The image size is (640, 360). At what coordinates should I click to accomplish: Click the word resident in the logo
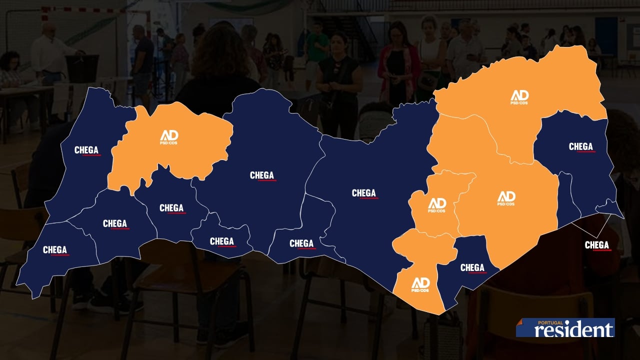click(574, 329)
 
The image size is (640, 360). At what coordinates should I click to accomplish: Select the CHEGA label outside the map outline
click(597, 245)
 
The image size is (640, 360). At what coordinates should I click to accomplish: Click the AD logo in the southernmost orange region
click(420, 284)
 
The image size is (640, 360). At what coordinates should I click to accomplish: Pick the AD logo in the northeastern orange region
click(519, 97)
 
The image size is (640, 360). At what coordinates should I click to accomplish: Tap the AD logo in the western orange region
click(169, 136)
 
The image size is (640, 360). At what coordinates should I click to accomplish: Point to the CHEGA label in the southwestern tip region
click(55, 250)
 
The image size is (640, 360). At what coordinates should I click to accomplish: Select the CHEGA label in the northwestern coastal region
click(86, 150)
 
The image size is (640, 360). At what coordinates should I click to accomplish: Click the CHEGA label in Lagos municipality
click(115, 224)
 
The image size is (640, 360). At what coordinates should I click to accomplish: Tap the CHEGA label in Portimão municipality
click(171, 208)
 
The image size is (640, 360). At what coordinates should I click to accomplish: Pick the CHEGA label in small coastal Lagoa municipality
click(222, 241)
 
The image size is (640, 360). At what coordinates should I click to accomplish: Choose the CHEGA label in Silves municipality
click(262, 175)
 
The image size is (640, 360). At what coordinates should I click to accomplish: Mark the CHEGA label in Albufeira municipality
click(301, 243)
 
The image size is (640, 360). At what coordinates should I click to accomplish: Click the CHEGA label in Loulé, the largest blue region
click(364, 193)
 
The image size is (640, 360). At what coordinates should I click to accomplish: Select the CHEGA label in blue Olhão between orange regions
click(472, 268)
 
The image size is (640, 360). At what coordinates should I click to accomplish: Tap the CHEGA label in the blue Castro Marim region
click(581, 147)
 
